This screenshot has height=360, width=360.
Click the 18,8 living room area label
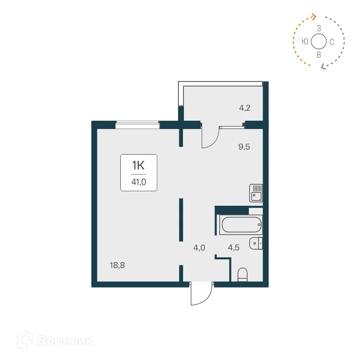coord(117,264)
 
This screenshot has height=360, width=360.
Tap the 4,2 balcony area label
coord(245,108)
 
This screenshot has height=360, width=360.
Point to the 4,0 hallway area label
coord(199,247)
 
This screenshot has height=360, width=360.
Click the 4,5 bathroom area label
coord(234,247)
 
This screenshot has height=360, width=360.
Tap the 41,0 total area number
coord(139,181)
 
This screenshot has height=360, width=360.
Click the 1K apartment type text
coord(139,164)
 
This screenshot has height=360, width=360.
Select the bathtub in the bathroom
coord(240,224)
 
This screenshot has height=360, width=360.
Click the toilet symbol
coord(243,274)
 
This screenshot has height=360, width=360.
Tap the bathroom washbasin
coord(256,243)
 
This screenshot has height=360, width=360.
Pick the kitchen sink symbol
coord(256,193)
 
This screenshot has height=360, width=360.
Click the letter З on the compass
coord(319,28)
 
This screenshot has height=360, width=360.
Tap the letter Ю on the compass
coord(305,42)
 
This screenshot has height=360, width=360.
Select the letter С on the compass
coord(332,42)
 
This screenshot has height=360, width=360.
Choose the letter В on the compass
coord(319,54)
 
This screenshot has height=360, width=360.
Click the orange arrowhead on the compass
coord(314,17)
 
